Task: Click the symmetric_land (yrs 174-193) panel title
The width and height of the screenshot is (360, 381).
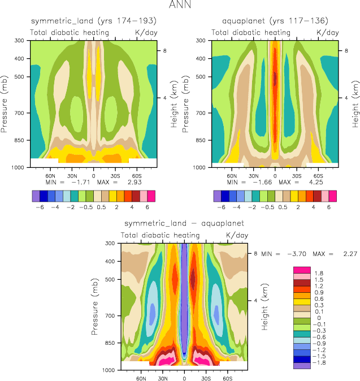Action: [93, 21]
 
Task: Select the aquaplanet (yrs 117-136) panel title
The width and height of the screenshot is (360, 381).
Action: [275, 21]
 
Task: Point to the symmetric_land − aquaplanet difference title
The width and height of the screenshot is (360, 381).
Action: [184, 223]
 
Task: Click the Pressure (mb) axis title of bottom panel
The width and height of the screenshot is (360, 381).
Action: [94, 306]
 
